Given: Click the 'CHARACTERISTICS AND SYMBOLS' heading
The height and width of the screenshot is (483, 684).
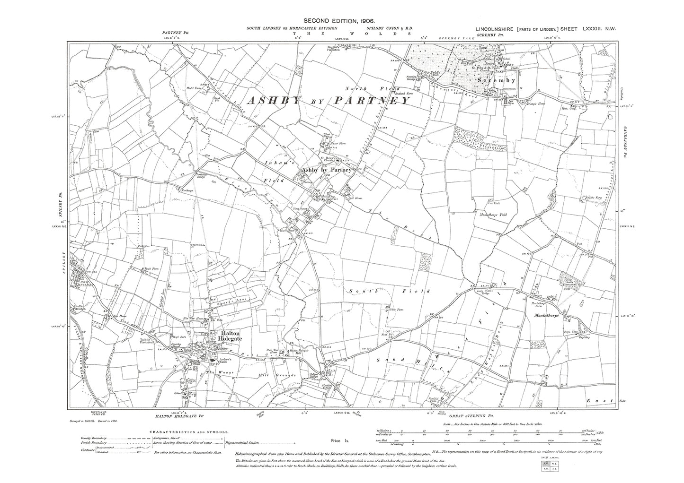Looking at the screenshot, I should tap(189, 432).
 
